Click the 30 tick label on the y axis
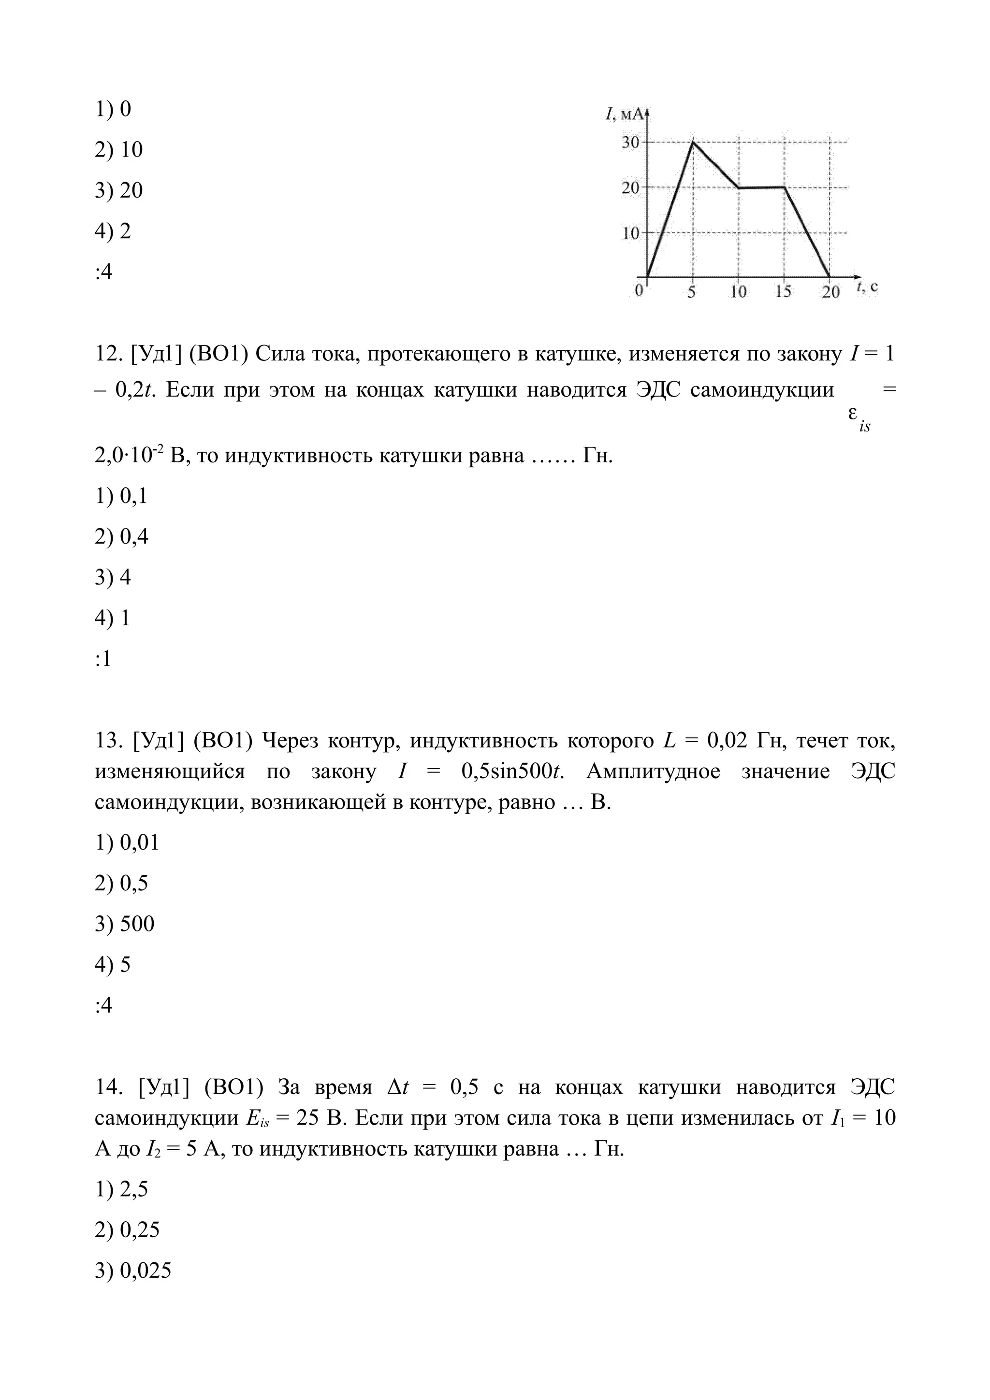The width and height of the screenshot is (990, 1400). pyautogui.click(x=630, y=143)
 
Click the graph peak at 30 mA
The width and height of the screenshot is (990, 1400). pyautogui.click(x=692, y=142)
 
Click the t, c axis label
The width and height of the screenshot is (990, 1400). pyautogui.click(x=867, y=286)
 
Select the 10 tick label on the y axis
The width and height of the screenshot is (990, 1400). pyautogui.click(x=630, y=233)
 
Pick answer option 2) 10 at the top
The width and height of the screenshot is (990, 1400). pyautogui.click(x=118, y=149)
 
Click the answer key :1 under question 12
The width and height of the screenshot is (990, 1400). pyautogui.click(x=103, y=659)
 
